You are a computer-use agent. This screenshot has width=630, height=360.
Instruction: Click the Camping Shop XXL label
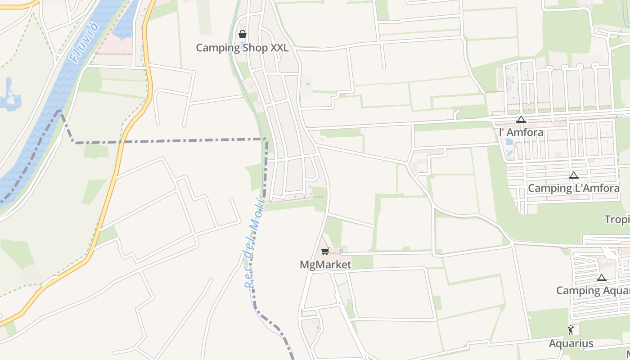click(242, 48)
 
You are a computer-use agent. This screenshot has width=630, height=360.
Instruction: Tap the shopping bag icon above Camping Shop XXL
click(242, 34)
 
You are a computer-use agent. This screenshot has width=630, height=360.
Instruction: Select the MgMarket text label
click(325, 265)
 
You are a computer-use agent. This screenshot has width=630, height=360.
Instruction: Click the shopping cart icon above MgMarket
click(325, 251)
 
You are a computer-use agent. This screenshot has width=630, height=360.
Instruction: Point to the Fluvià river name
click(84, 41)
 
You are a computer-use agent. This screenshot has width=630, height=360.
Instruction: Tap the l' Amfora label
click(521, 132)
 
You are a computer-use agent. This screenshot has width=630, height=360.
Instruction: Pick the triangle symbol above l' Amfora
click(521, 120)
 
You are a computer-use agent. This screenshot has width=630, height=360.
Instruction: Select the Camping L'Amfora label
click(573, 188)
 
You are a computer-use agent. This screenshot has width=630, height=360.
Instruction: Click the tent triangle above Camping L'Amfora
click(573, 175)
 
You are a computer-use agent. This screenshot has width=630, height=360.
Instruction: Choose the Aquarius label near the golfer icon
click(571, 343)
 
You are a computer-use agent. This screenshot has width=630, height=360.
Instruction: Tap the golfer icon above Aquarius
click(571, 330)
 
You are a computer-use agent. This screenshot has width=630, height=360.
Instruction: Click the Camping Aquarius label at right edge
click(593, 290)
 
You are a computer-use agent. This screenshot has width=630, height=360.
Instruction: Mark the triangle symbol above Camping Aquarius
click(601, 278)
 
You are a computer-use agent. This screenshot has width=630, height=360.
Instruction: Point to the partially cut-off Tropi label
click(617, 219)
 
